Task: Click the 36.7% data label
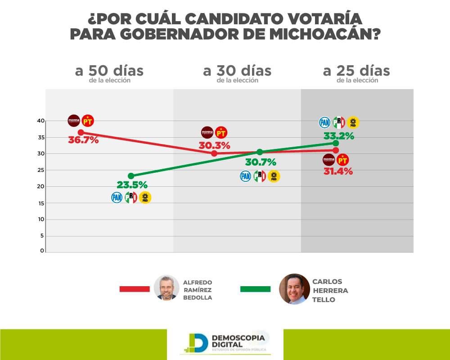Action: [x=83, y=140]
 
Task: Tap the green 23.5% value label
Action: [x=132, y=184]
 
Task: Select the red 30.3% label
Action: [x=214, y=146]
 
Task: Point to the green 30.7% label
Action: [x=260, y=162]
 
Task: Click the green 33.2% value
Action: [x=339, y=135]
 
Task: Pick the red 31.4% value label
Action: [x=337, y=171]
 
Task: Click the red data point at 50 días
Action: [x=81, y=132]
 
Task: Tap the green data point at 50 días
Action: [x=130, y=176]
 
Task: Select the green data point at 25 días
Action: [x=336, y=143]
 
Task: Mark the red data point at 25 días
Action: [x=336, y=150]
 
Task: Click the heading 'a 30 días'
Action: [x=237, y=71]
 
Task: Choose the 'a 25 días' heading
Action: [x=356, y=71]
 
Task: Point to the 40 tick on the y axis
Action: [x=41, y=121]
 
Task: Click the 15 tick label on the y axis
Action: [x=41, y=203]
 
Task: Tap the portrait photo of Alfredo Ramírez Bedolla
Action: [x=166, y=288]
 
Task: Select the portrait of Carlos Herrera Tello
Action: [x=294, y=289]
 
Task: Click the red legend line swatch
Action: [x=134, y=289]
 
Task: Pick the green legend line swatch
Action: [x=255, y=289]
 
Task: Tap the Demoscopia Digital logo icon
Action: [x=197, y=342]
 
